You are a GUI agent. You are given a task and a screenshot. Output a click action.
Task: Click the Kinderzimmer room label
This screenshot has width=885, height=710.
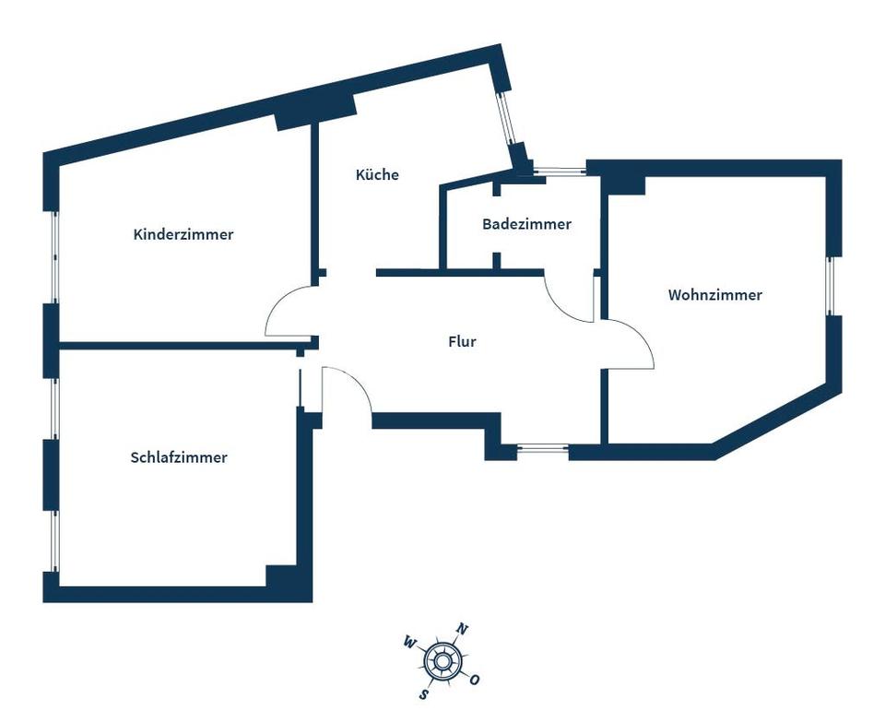183,234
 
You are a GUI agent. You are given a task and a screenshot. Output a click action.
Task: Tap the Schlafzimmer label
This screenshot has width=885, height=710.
179,457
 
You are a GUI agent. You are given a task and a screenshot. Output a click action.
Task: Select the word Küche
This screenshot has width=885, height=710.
377,174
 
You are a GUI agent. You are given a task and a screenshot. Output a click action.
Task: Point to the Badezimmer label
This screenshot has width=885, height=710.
526,224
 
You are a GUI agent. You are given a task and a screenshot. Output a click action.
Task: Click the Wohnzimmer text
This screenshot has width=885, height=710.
715,295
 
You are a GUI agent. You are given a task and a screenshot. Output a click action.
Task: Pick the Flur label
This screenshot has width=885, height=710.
462,341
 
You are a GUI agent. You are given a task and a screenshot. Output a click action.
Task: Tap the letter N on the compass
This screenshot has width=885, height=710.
463,630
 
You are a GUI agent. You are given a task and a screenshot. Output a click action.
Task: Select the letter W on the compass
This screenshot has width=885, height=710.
409,642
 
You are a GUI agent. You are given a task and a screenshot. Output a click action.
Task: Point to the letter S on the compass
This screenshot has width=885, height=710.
423,692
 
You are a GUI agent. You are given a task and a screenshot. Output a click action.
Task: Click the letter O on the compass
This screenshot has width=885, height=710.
475,680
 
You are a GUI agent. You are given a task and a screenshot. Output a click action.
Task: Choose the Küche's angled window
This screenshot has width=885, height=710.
506,120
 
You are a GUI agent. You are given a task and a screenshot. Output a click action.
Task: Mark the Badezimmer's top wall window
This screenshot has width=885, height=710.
560,170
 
